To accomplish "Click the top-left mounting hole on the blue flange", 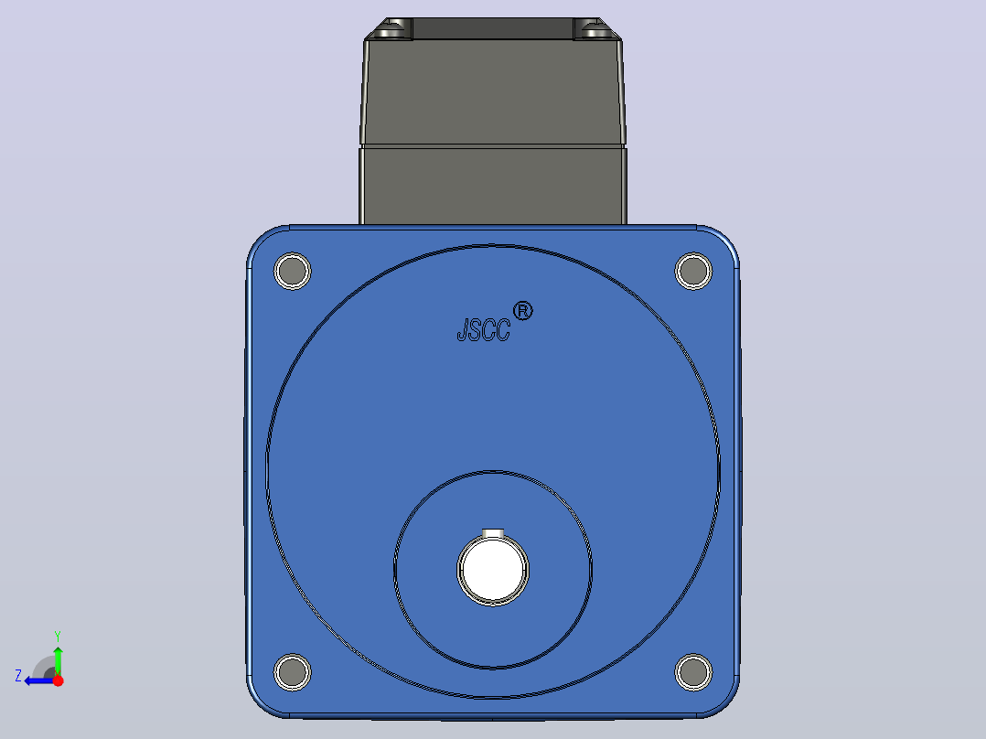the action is pyautogui.click(x=293, y=271).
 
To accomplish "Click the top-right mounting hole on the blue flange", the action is pyautogui.click(x=693, y=271).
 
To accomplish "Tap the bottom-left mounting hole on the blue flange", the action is pyautogui.click(x=293, y=671).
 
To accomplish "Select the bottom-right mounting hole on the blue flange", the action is pyautogui.click(x=693, y=671).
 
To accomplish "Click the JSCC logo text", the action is pyautogui.click(x=484, y=330).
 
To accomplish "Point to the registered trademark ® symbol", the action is pyautogui.click(x=522, y=311).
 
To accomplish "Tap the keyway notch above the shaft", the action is pyautogui.click(x=493, y=534).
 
